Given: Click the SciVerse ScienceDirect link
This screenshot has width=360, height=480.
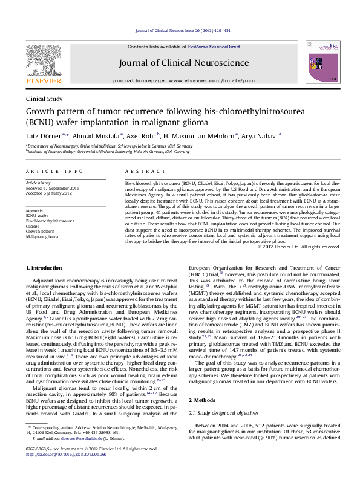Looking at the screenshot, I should tap(214, 47).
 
